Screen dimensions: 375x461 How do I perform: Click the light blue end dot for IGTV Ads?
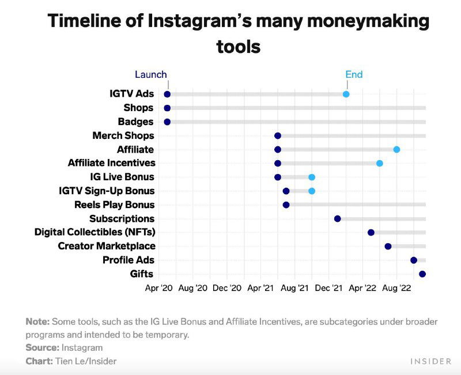pyautogui.click(x=346, y=94)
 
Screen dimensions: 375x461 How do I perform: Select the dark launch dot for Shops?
pyautogui.click(x=167, y=108)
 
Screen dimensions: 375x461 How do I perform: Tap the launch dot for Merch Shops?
pyautogui.click(x=278, y=135)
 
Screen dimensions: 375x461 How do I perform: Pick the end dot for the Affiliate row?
pyautogui.click(x=396, y=149)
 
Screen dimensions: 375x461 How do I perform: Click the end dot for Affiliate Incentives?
pyautogui.click(x=380, y=163)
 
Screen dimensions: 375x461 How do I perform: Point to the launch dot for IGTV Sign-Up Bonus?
pyautogui.click(x=286, y=191)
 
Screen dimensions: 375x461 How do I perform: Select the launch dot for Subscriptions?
pyautogui.click(x=338, y=218)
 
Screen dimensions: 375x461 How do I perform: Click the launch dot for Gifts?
pyautogui.click(x=422, y=274)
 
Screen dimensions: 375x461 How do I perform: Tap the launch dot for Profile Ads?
pyautogui.click(x=414, y=260)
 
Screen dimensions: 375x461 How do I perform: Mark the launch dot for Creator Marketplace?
pyautogui.click(x=388, y=246)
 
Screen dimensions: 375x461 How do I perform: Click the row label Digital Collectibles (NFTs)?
pyautogui.click(x=95, y=232)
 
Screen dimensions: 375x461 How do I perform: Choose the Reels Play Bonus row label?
pyautogui.click(x=114, y=204)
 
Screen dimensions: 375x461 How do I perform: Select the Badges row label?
pyautogui.click(x=135, y=122)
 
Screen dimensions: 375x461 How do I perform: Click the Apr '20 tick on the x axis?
pyautogui.click(x=159, y=288)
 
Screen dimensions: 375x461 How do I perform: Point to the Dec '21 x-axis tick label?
pyautogui.click(x=331, y=288)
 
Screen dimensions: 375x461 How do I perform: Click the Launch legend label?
pyautogui.click(x=151, y=74)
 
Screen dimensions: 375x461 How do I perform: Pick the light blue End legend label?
pyautogui.click(x=354, y=74)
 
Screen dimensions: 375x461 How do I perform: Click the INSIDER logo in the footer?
pyautogui.click(x=430, y=361)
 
